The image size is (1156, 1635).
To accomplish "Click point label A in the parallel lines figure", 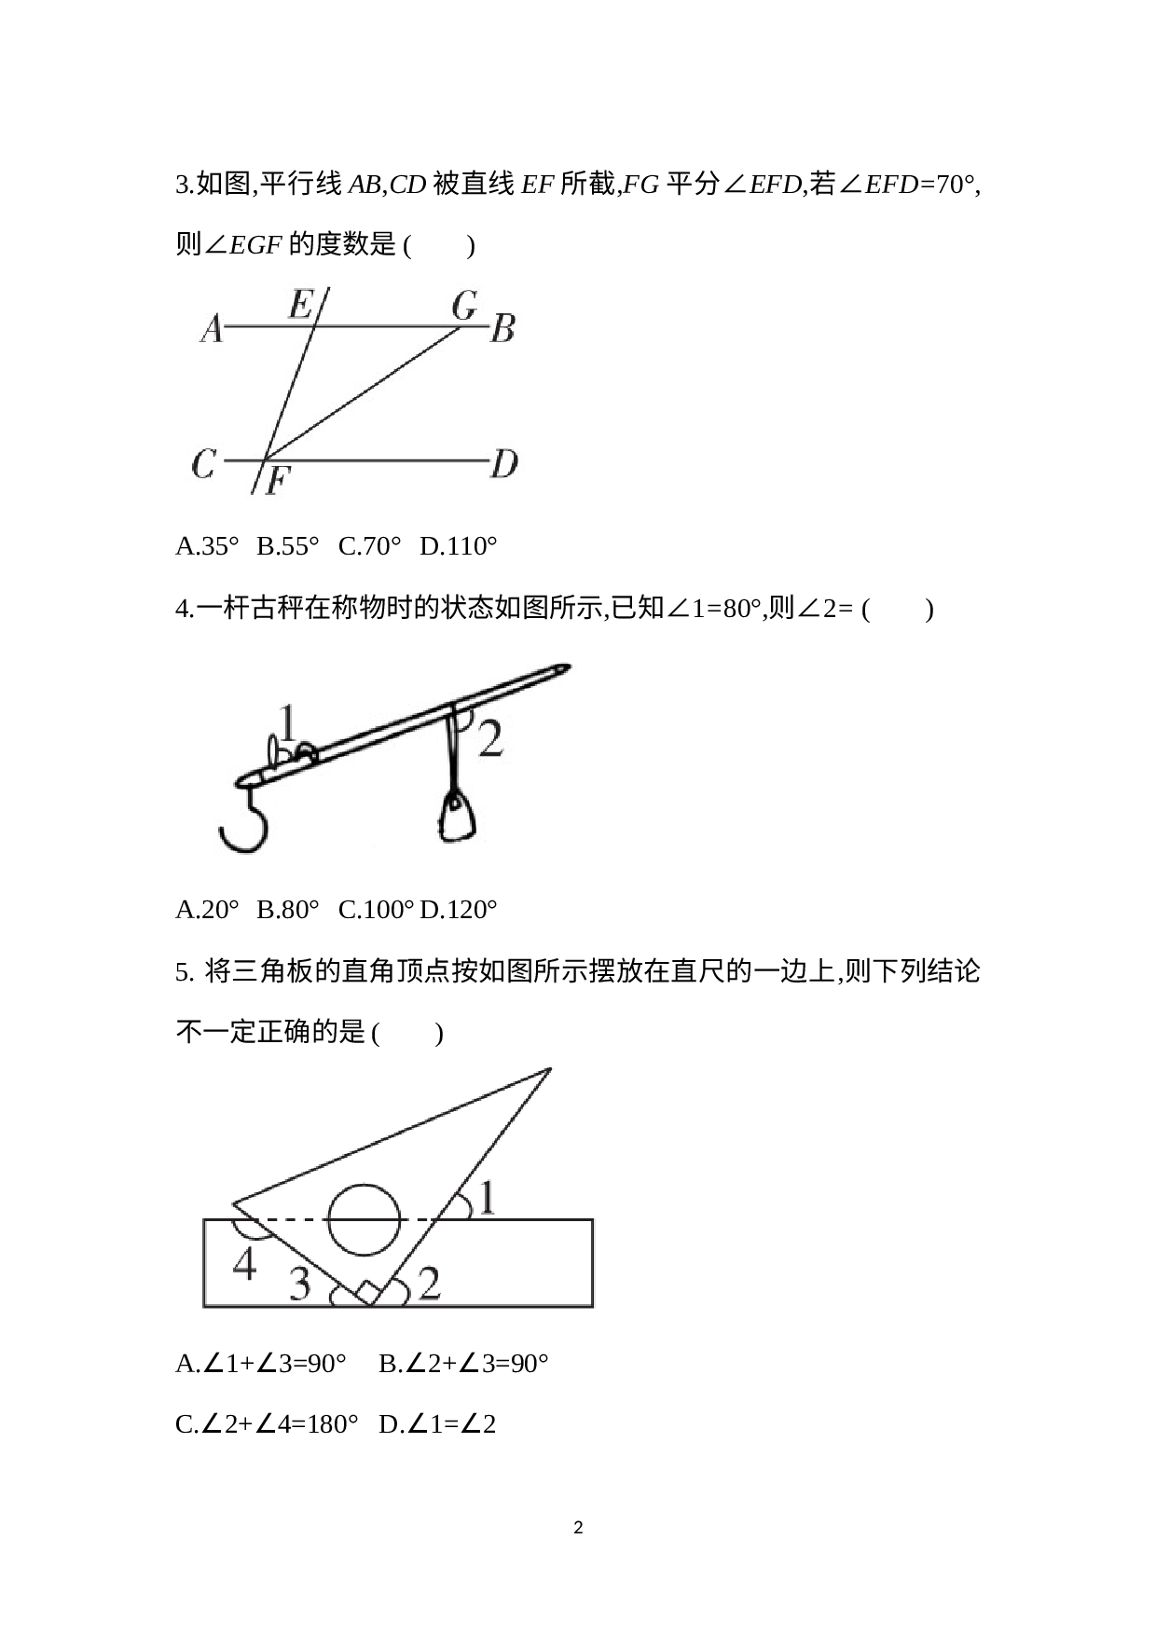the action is tap(213, 328).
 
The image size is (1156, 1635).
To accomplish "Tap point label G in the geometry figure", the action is tap(464, 305).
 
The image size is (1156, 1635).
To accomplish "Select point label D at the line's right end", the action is tap(504, 463).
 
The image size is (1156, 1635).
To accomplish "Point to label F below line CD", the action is tap(278, 481).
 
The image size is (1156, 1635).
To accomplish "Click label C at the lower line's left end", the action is tap(204, 463).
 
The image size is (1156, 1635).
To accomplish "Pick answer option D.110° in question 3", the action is tap(458, 546).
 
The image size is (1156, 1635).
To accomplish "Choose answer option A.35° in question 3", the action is tap(207, 546).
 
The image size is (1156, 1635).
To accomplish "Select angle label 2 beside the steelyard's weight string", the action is tap(490, 737).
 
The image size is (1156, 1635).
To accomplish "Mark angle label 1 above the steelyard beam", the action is tap(288, 723).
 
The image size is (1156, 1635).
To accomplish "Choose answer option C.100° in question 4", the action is tap(376, 910).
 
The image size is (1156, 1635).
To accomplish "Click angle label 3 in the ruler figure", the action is tap(299, 1284).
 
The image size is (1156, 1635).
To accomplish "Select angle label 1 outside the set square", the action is tap(486, 1197).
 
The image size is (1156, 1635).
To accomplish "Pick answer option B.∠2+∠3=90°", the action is tap(463, 1365).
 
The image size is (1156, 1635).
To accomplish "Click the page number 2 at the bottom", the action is tap(578, 1528).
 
